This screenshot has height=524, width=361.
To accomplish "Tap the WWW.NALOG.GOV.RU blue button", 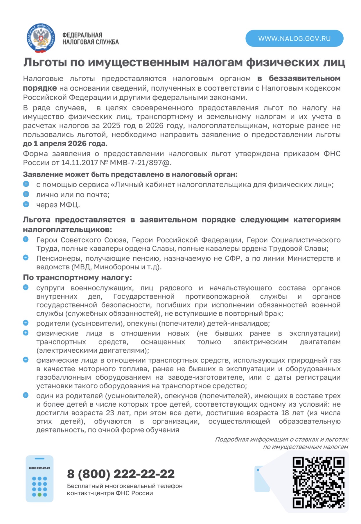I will pos(294,38).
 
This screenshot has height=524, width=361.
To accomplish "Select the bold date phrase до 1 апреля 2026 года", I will pos(65,143).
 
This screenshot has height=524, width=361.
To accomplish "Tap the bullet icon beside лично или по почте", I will pos(26,194).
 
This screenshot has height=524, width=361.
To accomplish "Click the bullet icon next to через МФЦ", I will pos(26,204).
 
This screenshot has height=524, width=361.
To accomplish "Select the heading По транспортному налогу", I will pos(77,278).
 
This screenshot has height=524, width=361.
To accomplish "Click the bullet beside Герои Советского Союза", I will pos(26,239).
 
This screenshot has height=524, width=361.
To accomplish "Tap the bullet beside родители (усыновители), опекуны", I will pos(26,323).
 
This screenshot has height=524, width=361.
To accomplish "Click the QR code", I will pos(318,482).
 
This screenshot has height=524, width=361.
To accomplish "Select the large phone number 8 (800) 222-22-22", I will pos(121,474).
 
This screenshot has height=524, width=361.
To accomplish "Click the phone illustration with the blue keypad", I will pos(39,479).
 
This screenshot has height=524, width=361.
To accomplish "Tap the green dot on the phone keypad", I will pos(39,494).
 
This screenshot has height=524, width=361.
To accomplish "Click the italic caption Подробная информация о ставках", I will pos(281,439).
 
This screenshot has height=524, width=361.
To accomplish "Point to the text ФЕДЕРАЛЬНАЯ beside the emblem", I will pos(82,35).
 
